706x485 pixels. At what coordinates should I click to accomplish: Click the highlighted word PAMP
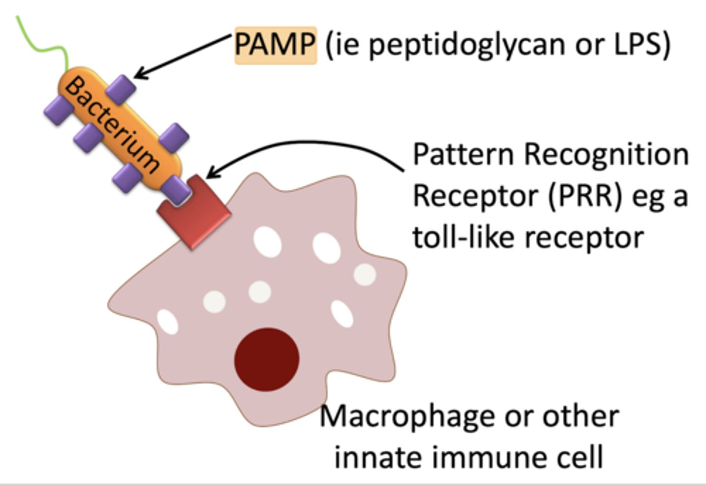click(275, 45)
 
